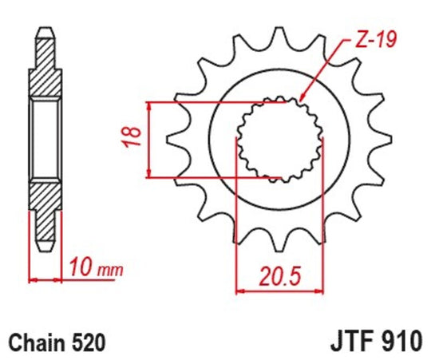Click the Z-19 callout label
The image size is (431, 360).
376,41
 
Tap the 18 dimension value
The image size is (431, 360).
133,136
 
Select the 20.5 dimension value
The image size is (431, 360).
280,275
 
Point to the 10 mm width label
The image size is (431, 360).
96,267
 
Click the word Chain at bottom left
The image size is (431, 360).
37,342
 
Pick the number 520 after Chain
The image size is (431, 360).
88,342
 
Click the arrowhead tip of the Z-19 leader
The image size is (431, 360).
300,101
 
